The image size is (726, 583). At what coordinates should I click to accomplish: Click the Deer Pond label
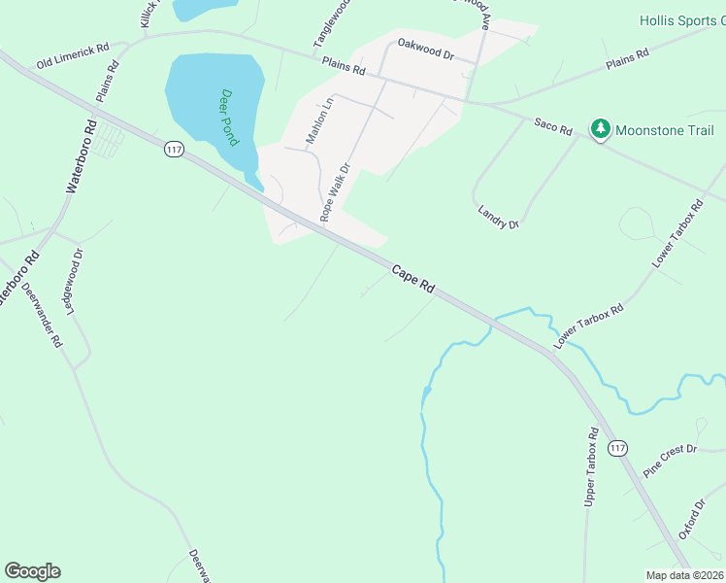229,117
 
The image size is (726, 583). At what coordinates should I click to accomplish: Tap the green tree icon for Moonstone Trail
601,129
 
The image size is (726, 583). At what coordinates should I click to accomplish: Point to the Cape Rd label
412,278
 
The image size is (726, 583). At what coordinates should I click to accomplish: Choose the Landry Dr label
499,217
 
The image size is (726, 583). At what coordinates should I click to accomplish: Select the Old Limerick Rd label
73,55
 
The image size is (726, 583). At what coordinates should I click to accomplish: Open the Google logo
32,571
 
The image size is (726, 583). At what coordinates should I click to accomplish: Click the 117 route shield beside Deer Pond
175,150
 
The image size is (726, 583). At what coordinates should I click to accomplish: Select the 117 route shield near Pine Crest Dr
618,447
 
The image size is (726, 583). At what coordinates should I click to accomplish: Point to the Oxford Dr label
691,520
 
